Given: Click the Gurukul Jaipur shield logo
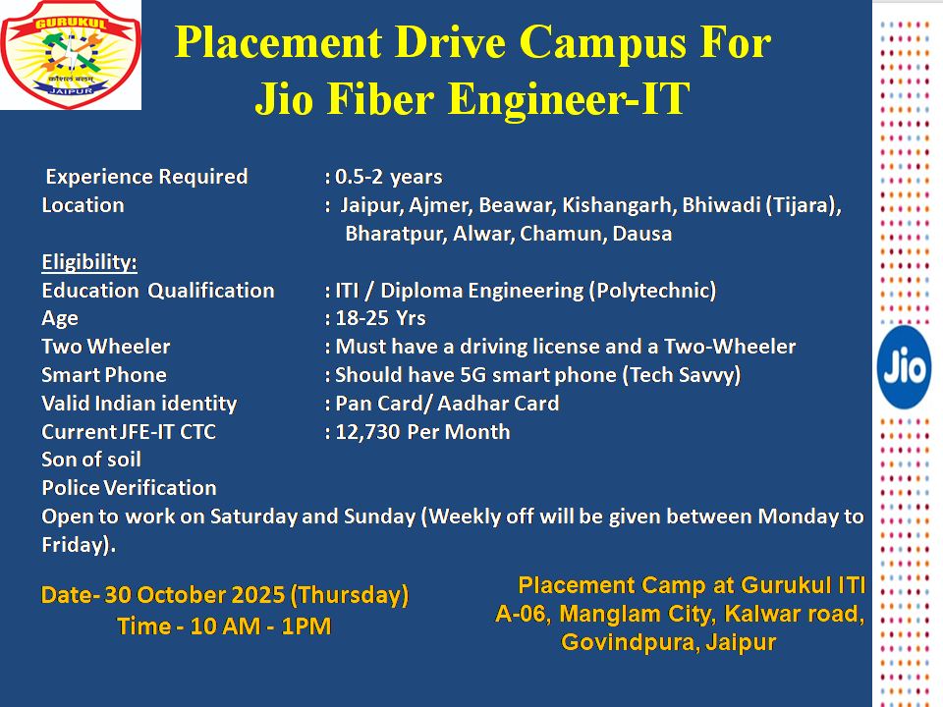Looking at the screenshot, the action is tap(71, 55).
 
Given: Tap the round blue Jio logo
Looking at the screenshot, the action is tap(904, 366).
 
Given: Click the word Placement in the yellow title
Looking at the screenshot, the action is tap(278, 42).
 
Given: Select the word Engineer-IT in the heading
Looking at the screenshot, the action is tap(569, 98).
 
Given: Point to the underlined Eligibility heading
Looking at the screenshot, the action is tap(89, 262).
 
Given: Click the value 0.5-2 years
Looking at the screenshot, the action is tap(389, 177).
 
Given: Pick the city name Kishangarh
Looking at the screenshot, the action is tap(617, 205).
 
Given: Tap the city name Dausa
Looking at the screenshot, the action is tap(641, 234).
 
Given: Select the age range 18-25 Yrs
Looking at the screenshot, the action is tap(380, 318).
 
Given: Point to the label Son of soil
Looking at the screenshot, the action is tap(91, 460).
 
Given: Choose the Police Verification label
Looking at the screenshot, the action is tap(130, 488).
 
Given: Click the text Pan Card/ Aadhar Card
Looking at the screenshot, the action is tap(448, 403).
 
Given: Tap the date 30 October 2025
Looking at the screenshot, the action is tap(194, 595).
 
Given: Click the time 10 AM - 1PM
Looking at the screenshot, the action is tap(260, 626).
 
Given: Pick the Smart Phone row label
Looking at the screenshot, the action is tap(104, 375).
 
